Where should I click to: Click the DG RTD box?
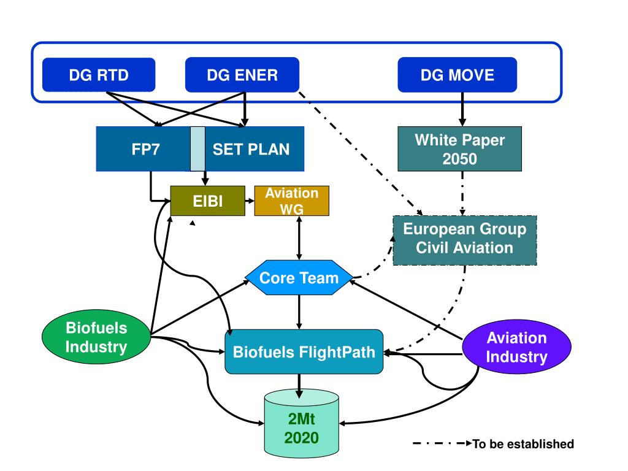99,75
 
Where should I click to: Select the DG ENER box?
242,75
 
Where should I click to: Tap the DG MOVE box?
457,75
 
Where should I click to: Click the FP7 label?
146,150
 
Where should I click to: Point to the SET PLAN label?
251,150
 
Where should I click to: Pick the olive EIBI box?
207,201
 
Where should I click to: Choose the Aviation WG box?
291,201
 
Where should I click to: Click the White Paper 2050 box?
459,149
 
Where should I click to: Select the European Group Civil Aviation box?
465,240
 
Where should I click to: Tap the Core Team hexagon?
299,278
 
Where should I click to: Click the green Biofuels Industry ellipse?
96,337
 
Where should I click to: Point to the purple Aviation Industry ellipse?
516,347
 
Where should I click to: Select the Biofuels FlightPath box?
304,351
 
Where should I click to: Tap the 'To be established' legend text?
523,444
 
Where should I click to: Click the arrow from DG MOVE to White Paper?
462,109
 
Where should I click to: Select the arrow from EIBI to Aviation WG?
250,201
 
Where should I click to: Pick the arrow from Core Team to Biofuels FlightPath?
299,312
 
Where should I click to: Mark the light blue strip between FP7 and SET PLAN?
198,149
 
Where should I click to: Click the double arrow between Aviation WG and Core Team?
299,238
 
